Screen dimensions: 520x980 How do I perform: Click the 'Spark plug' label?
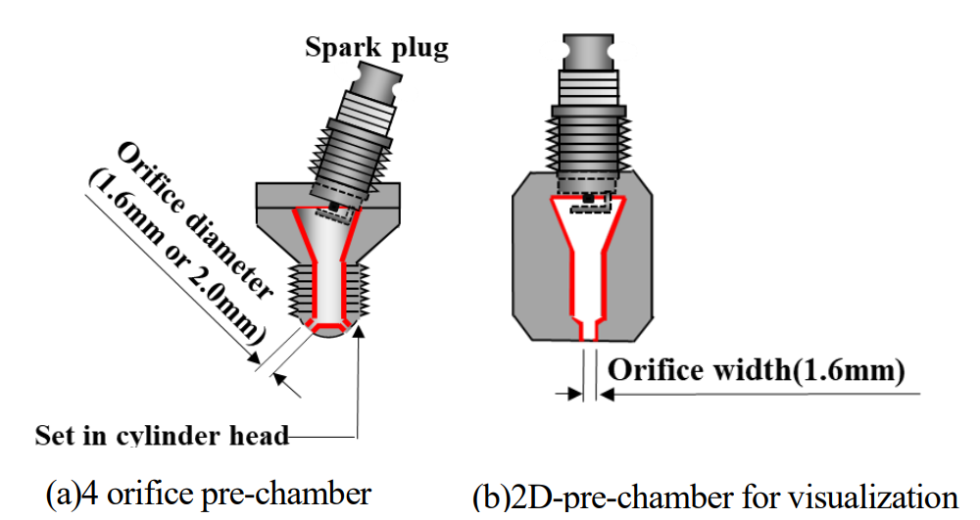(x=375, y=47)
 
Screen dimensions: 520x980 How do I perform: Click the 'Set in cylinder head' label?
(x=162, y=435)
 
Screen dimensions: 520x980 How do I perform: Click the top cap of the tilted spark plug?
(x=376, y=76)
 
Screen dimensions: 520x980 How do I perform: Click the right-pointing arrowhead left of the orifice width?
(x=572, y=393)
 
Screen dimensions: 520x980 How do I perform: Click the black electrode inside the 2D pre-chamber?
(x=589, y=198)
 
